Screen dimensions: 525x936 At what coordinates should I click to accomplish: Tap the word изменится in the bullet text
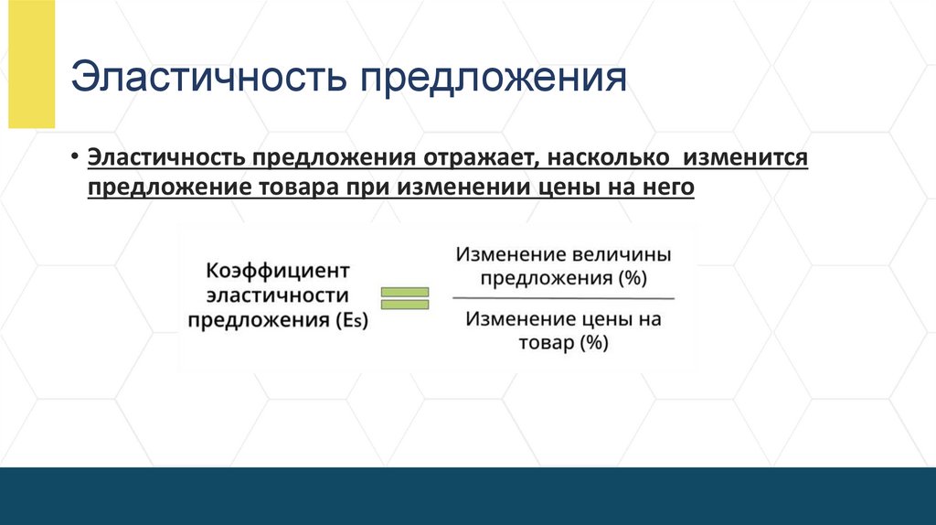coord(741,157)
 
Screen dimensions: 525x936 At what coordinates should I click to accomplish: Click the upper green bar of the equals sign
coord(404,292)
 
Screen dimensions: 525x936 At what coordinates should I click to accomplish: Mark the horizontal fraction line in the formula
coord(563,298)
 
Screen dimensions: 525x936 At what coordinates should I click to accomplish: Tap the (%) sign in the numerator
coord(630,278)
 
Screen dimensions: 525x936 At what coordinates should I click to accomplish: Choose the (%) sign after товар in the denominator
coord(591,344)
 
